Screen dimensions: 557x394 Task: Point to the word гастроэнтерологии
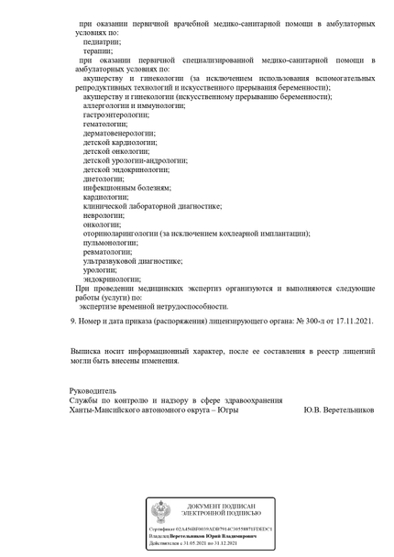(x=116, y=115)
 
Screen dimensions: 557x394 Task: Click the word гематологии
(x=105, y=125)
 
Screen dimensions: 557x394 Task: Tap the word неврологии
(x=102, y=215)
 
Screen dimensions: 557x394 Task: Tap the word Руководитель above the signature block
(x=93, y=390)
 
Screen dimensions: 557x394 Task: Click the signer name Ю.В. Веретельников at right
(x=339, y=410)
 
